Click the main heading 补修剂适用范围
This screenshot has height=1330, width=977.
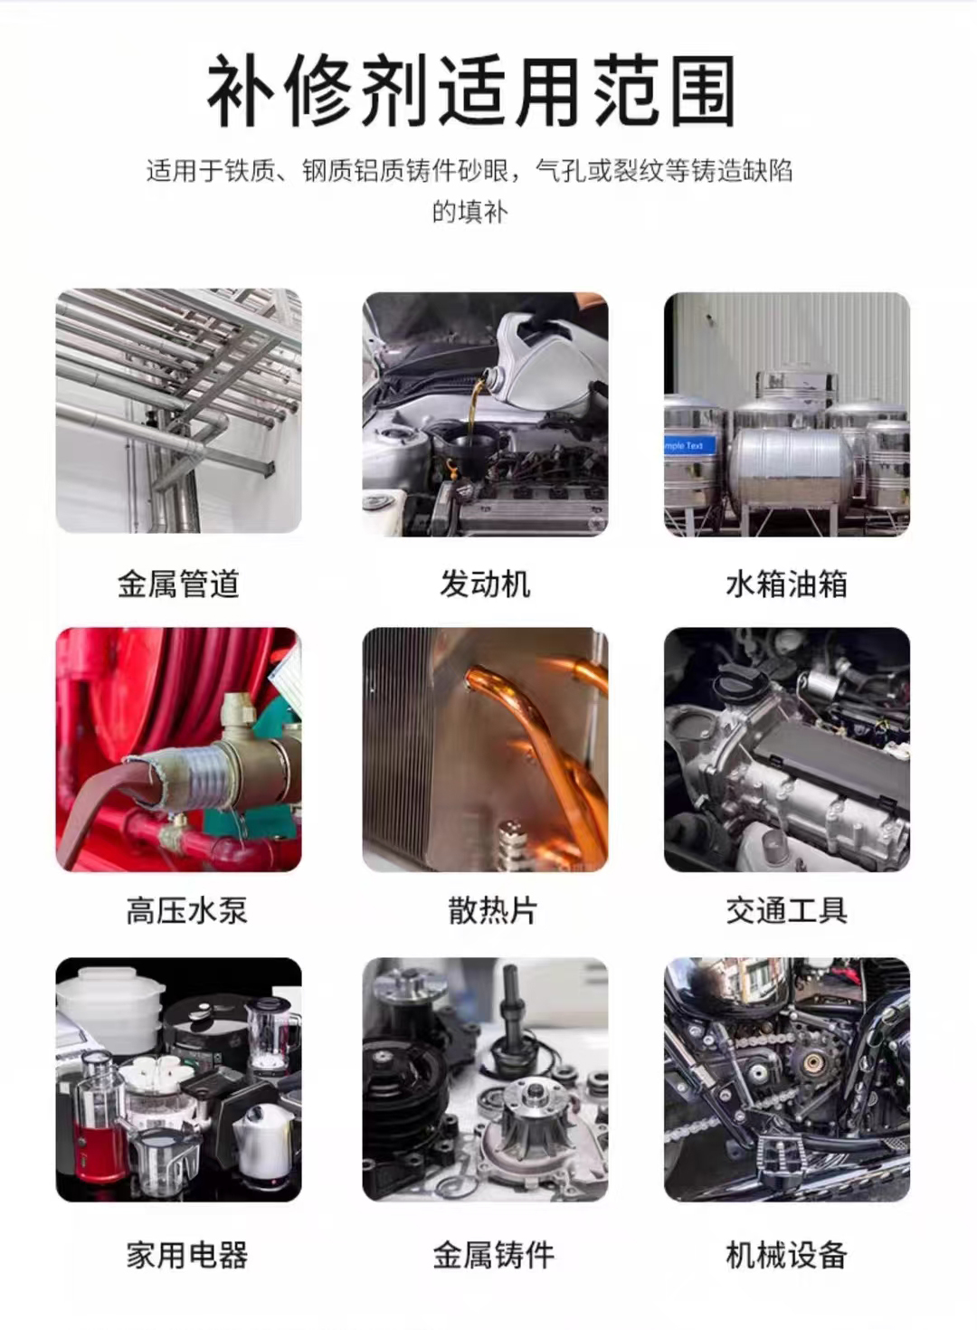[471, 91]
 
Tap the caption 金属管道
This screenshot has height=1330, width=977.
[178, 584]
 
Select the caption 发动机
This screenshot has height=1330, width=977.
[485, 584]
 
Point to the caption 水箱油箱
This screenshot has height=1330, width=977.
[786, 584]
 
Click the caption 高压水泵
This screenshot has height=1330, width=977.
[186, 910]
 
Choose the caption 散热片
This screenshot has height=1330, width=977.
[492, 910]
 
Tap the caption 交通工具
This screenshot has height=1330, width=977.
[786, 910]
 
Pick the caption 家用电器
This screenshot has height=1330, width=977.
[186, 1255]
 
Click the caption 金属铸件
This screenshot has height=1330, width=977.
[493, 1255]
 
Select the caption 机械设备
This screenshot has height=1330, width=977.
[786, 1255]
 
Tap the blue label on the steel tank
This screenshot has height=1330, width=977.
[689, 446]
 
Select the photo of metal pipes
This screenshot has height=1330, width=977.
[178, 411]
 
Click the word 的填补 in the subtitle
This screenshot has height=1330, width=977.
[470, 212]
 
